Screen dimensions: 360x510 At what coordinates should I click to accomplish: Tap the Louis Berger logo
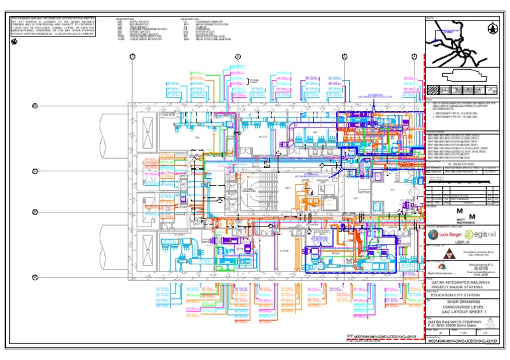[x=442, y=235]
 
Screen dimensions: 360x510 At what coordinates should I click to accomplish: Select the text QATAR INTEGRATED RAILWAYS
[x=462, y=282]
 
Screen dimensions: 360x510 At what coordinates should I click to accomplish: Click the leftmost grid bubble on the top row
[x=132, y=57]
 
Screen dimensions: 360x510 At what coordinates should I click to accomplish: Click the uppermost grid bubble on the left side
[x=35, y=106]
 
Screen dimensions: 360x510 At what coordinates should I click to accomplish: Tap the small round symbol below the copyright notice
[x=14, y=42]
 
